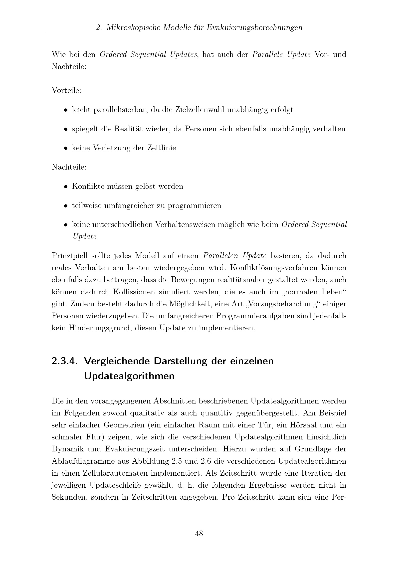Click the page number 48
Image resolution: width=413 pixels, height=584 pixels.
tap(199, 533)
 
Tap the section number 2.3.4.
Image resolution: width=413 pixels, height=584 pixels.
tap(64, 361)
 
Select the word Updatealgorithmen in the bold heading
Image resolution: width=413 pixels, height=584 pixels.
tap(129, 376)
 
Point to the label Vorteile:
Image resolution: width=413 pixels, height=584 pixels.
tap(66, 90)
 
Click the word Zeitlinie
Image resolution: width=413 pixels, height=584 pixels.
tap(162, 148)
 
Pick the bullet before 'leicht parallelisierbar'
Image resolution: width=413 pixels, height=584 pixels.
tap(66, 110)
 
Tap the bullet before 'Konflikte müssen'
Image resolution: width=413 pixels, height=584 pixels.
tap(66, 187)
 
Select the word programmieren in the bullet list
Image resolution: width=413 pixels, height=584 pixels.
tap(194, 205)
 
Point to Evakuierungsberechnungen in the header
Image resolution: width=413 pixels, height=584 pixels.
tap(254, 27)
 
